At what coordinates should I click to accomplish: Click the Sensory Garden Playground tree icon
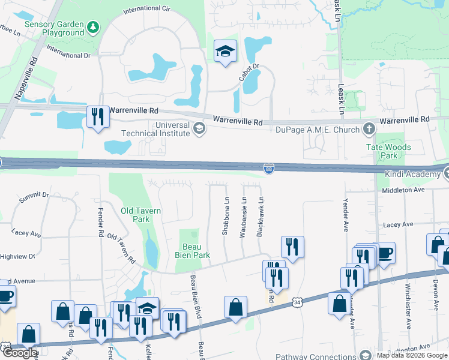[92, 26]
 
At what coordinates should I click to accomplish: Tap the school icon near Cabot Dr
[226, 52]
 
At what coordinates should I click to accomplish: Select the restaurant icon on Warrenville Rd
[97, 116]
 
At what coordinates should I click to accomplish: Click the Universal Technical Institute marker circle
[199, 127]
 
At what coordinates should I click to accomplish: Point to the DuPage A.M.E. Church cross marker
[369, 128]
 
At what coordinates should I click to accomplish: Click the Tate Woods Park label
[388, 151]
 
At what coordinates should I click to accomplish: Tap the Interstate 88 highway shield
[270, 170]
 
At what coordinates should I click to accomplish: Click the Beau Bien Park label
[196, 251]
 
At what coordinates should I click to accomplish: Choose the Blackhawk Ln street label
[260, 217]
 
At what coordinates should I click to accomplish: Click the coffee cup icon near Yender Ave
[383, 253]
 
